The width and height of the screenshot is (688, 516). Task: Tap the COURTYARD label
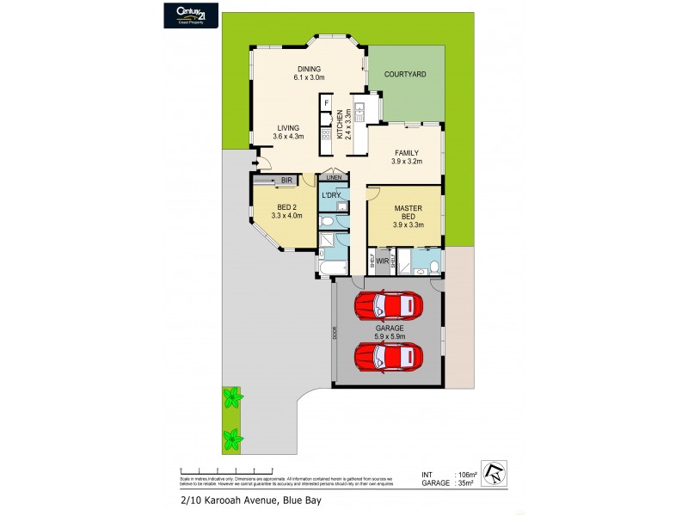(x=406, y=75)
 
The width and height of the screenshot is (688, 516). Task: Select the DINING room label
(x=309, y=70)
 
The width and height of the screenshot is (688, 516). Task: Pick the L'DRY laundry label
(x=332, y=195)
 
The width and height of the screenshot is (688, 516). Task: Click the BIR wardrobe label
(x=286, y=180)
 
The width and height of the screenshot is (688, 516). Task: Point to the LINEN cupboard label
(x=333, y=178)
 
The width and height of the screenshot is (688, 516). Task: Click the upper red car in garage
(x=388, y=304)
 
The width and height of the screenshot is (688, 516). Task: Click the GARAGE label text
(x=389, y=328)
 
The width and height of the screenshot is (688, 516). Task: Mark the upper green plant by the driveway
(x=230, y=398)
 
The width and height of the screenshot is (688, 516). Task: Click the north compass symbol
(x=496, y=471)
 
